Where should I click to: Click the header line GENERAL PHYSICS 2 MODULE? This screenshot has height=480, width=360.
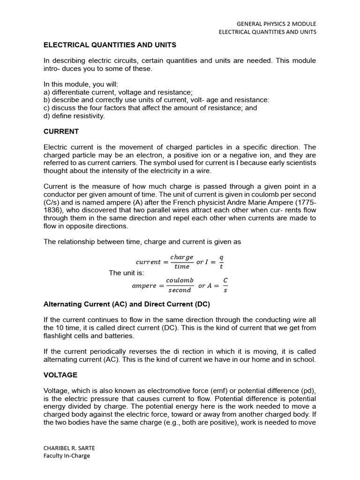276,23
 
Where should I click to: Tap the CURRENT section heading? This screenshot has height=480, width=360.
61,131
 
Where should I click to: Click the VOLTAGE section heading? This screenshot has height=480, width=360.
60,375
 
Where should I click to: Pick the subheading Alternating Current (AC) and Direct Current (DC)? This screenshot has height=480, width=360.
127,304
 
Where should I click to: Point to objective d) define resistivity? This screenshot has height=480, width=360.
74,116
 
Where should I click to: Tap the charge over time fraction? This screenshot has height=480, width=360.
181,262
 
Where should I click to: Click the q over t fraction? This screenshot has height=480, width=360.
221,262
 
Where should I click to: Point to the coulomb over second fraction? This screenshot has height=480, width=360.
180,285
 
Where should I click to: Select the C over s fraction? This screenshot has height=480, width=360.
225,285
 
